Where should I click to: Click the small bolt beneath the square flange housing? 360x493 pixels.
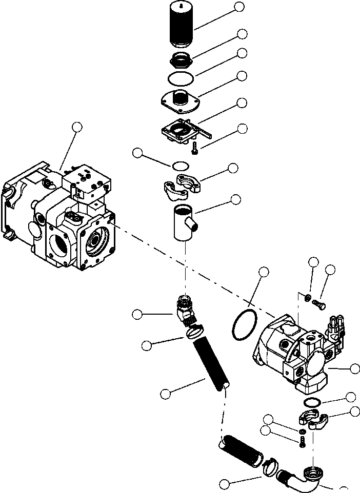(x=195, y=149)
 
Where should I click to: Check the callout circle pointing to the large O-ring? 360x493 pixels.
(x=264, y=272)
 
